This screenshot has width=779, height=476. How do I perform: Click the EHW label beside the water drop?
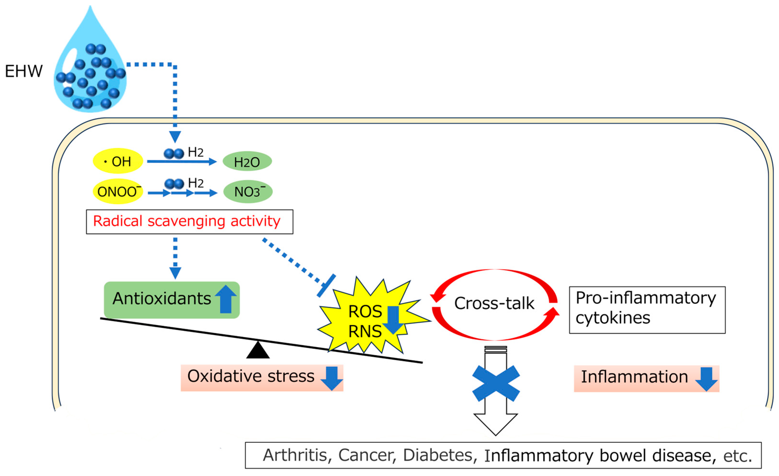(24, 71)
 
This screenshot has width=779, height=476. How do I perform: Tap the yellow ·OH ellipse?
(118, 161)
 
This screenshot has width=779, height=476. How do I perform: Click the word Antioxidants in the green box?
(162, 298)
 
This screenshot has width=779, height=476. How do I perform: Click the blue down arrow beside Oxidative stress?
(332, 378)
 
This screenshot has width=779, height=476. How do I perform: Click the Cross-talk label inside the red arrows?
(494, 303)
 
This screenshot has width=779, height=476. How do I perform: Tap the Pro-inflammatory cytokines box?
(647, 310)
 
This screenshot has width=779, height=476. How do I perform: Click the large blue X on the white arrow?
(496, 383)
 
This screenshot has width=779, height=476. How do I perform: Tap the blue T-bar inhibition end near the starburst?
(326, 286)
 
